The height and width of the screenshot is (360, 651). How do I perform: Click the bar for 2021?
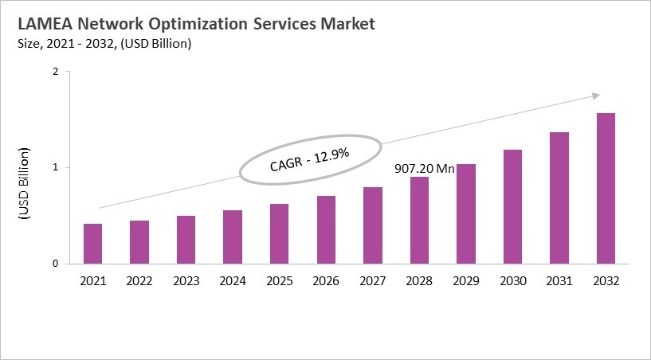pos(93,244)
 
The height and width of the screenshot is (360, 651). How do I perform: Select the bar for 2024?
pos(233,237)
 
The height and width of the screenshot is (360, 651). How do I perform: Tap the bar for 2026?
pos(325,229)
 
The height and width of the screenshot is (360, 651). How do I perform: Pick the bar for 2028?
pos(419,220)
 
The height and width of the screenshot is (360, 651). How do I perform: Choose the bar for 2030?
pos(512,206)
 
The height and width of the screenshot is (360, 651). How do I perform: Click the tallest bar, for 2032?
pos(606,188)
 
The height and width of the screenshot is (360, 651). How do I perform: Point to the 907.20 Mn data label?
pos(425,170)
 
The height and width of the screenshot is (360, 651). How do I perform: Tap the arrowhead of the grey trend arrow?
pos(595,96)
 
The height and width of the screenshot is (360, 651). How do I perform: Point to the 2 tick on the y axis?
pos(56,72)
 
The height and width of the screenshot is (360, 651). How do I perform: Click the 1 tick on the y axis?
pos(56,167)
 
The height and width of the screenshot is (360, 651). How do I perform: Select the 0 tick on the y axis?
pos(56,264)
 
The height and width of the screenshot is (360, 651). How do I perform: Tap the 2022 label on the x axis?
pos(139,280)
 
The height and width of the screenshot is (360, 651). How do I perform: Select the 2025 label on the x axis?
pos(279,280)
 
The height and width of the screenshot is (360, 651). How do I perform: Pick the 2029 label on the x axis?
pos(465,280)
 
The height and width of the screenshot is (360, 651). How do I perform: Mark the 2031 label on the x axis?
pos(559,280)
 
